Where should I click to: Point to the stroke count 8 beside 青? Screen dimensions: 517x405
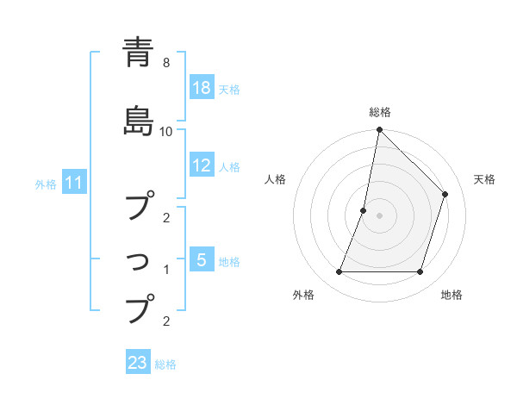coord(165,63)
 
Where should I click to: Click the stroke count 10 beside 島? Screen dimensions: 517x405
coord(166,132)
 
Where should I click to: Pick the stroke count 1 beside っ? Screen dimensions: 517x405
coord(165,270)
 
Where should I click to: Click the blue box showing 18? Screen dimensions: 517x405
coord(202,89)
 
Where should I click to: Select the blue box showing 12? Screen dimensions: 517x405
coord(202,166)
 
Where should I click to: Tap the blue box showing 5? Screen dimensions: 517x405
coord(202,260)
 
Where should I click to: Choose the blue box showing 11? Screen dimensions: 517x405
coord(74,183)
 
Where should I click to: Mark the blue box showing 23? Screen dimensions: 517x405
coord(138,364)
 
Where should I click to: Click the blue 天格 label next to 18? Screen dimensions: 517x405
coord(229,90)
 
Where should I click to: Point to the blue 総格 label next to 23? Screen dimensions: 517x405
coord(165,364)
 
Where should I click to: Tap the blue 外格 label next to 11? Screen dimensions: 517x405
coord(46,184)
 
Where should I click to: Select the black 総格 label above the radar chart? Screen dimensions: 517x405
coord(380,113)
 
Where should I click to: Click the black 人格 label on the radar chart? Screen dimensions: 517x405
coord(275,179)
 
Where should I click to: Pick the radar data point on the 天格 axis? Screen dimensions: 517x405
coord(445,194)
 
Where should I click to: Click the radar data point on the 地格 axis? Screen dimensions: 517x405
coord(420,272)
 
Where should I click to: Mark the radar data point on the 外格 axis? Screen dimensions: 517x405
coord(339,272)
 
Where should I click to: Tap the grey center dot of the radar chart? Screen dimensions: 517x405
coord(379,215)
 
